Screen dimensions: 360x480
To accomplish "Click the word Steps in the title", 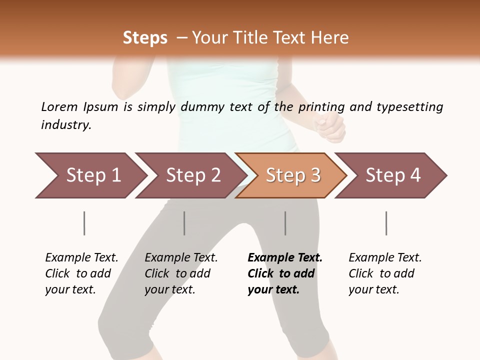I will pos(145,38).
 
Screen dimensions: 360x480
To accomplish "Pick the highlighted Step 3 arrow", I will pos(292,175).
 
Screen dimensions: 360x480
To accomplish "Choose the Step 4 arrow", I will pos(392,175).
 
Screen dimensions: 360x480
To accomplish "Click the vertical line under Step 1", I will pos(84,223).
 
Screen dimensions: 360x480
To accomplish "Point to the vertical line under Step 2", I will pos(184,223).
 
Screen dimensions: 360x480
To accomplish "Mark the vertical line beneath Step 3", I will pos(285,223).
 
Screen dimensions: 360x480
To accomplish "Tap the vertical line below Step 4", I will pos(386,223).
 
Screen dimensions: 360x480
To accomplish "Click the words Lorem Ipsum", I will pos(79,107).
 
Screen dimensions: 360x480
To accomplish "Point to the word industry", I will pos(66,125).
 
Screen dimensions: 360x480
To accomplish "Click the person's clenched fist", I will pos(331,127).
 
